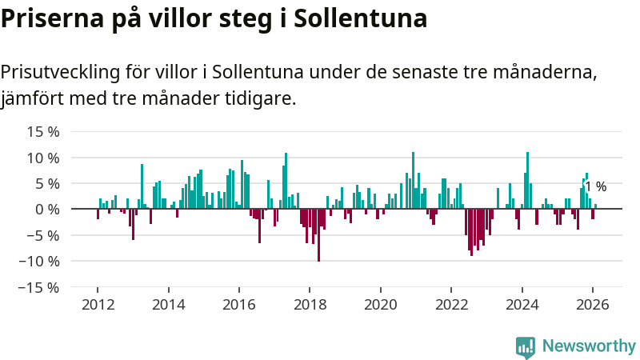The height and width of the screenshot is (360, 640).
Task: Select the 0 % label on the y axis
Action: [46, 209]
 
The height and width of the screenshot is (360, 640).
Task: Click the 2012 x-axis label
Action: [98, 305]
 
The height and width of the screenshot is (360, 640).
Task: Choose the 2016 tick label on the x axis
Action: [239, 305]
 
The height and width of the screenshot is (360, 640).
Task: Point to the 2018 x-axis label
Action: [310, 305]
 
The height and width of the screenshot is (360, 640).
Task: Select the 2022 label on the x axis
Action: [451, 305]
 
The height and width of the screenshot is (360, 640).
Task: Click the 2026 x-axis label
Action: [593, 305]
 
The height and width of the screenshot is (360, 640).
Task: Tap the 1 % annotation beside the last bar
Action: [596, 187]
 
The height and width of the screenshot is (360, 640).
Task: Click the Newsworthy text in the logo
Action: [589, 346]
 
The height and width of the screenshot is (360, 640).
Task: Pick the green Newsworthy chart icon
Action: [526, 346]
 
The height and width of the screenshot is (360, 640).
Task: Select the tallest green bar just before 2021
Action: [413, 180]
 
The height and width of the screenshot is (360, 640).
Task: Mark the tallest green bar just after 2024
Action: [528, 180]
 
